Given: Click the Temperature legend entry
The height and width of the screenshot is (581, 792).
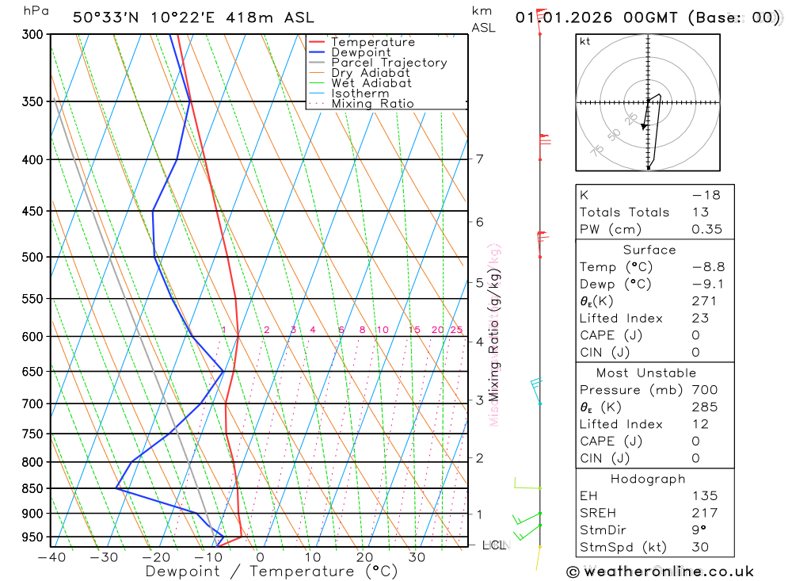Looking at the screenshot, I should click(372, 42).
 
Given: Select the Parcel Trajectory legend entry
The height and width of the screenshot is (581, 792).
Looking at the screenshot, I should click(389, 63).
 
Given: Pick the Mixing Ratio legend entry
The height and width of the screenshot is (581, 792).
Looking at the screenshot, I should click(372, 104).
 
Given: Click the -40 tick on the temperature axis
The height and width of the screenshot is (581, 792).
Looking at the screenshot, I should click(51, 556).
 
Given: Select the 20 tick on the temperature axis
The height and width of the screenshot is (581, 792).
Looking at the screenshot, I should click(364, 556).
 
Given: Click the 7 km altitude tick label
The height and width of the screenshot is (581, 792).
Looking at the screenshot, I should click(479, 159).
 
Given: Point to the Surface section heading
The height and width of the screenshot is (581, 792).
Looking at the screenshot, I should click(649, 250).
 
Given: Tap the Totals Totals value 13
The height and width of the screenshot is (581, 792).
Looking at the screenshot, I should click(698, 212).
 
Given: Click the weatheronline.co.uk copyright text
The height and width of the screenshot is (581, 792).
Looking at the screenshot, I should click(661, 571).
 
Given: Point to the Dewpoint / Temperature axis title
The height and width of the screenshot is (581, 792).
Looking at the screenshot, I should click(260, 571).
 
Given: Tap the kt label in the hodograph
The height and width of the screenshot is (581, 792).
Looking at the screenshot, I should click(585, 41).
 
